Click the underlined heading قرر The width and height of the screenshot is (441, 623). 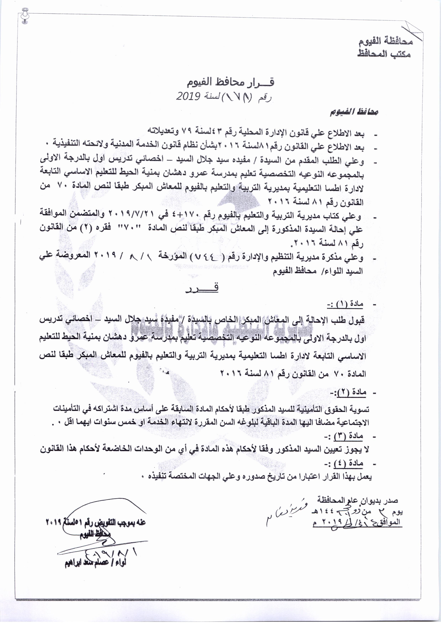[x=203, y=289]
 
